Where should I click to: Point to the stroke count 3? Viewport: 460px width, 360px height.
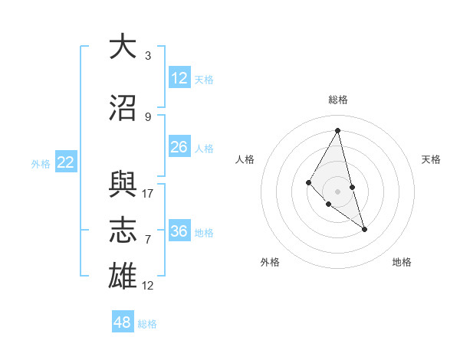pyautogui.click(x=148, y=57)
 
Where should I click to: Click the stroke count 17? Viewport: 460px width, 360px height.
pyautogui.click(x=148, y=193)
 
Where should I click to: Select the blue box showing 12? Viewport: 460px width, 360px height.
pyautogui.click(x=179, y=78)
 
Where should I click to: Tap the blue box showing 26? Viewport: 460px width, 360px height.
pyautogui.click(x=179, y=147)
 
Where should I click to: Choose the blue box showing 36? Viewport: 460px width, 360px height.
pyautogui.click(x=179, y=231)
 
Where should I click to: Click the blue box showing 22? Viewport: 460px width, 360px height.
pyautogui.click(x=66, y=162)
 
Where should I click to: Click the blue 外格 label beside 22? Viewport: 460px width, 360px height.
pyautogui.click(x=41, y=163)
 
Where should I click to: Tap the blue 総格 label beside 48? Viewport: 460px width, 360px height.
pyautogui.click(x=147, y=324)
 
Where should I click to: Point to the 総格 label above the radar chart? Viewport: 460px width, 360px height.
pyautogui.click(x=337, y=100)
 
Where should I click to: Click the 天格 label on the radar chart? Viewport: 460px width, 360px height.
pyautogui.click(x=431, y=159)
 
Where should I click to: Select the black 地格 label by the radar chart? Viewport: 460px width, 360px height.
pyautogui.click(x=402, y=262)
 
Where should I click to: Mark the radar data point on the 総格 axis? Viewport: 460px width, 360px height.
pyautogui.click(x=337, y=130)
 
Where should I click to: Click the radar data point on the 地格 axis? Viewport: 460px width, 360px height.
pyautogui.click(x=364, y=229)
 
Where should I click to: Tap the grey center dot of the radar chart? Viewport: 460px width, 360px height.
pyautogui.click(x=337, y=191)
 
